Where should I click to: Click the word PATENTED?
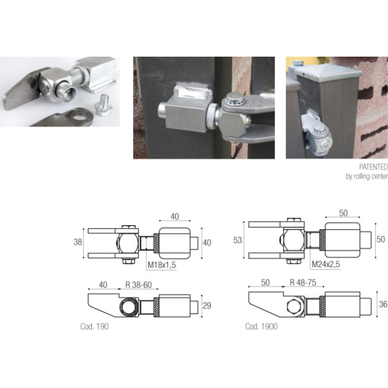click(x=373, y=167)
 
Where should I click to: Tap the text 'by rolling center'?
click(x=367, y=176)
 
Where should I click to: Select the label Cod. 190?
click(x=94, y=326)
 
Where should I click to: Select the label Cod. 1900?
click(x=261, y=327)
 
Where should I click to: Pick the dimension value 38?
click(x=78, y=242)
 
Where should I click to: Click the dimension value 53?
click(x=237, y=240)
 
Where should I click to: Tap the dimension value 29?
click(x=207, y=306)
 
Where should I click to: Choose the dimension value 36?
click(x=383, y=304)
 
